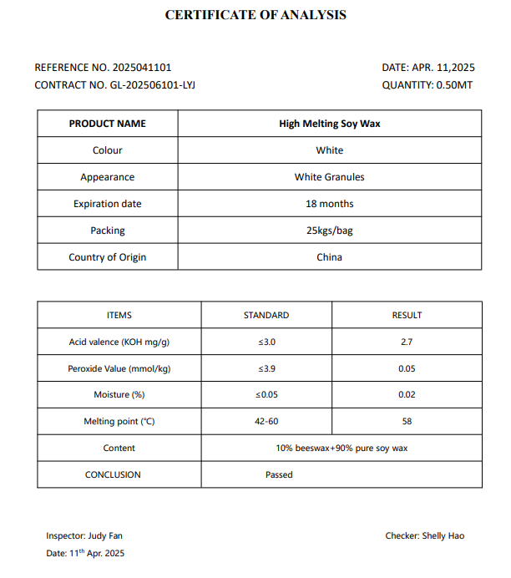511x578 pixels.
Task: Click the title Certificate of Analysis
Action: [x=255, y=15]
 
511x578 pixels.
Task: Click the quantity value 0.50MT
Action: [x=454, y=85]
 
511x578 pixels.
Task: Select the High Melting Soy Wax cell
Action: [x=330, y=124]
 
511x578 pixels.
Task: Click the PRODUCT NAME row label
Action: [x=107, y=124]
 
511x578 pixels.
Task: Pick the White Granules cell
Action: [x=330, y=177]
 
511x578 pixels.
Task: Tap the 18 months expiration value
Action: [x=330, y=204]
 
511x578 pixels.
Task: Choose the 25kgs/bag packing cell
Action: [x=330, y=231]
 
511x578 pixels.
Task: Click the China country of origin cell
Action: [x=330, y=257]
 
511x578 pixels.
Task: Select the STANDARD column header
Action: [x=266, y=316]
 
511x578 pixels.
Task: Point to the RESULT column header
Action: [x=407, y=316]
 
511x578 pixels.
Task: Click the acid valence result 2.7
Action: [x=407, y=342]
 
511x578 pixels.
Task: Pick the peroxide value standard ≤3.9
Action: [x=266, y=368]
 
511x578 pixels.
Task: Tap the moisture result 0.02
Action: [x=407, y=395]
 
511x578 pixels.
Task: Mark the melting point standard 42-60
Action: [x=266, y=422]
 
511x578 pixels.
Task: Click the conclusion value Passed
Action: [x=279, y=474]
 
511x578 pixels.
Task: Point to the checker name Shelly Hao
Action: [x=444, y=535]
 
